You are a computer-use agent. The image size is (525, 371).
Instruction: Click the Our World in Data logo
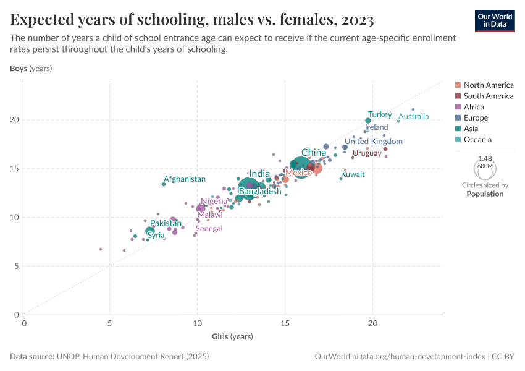[494, 20]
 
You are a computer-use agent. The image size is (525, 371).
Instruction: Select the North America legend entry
[488, 85]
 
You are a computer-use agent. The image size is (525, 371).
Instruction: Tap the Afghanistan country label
[185, 179]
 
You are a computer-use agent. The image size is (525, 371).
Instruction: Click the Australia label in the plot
[418, 116]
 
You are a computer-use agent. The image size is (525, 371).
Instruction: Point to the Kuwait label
[353, 174]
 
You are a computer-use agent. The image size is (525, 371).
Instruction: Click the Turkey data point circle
[368, 121]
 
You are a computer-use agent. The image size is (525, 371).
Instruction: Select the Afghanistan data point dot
[164, 184]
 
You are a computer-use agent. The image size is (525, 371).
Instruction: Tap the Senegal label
[209, 229]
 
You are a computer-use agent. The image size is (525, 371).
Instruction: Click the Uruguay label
[367, 153]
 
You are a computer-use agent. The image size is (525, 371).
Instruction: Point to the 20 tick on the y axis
[15, 120]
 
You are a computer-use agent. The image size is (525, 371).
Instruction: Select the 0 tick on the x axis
[24, 323]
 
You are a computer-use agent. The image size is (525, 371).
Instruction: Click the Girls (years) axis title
[232, 337]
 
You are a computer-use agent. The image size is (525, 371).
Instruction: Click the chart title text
[191, 20]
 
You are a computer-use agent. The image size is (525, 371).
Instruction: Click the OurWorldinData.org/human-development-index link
[399, 357]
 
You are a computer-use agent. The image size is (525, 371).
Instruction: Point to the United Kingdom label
[374, 142]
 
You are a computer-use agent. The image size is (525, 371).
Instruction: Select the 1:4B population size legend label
[485, 159]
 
